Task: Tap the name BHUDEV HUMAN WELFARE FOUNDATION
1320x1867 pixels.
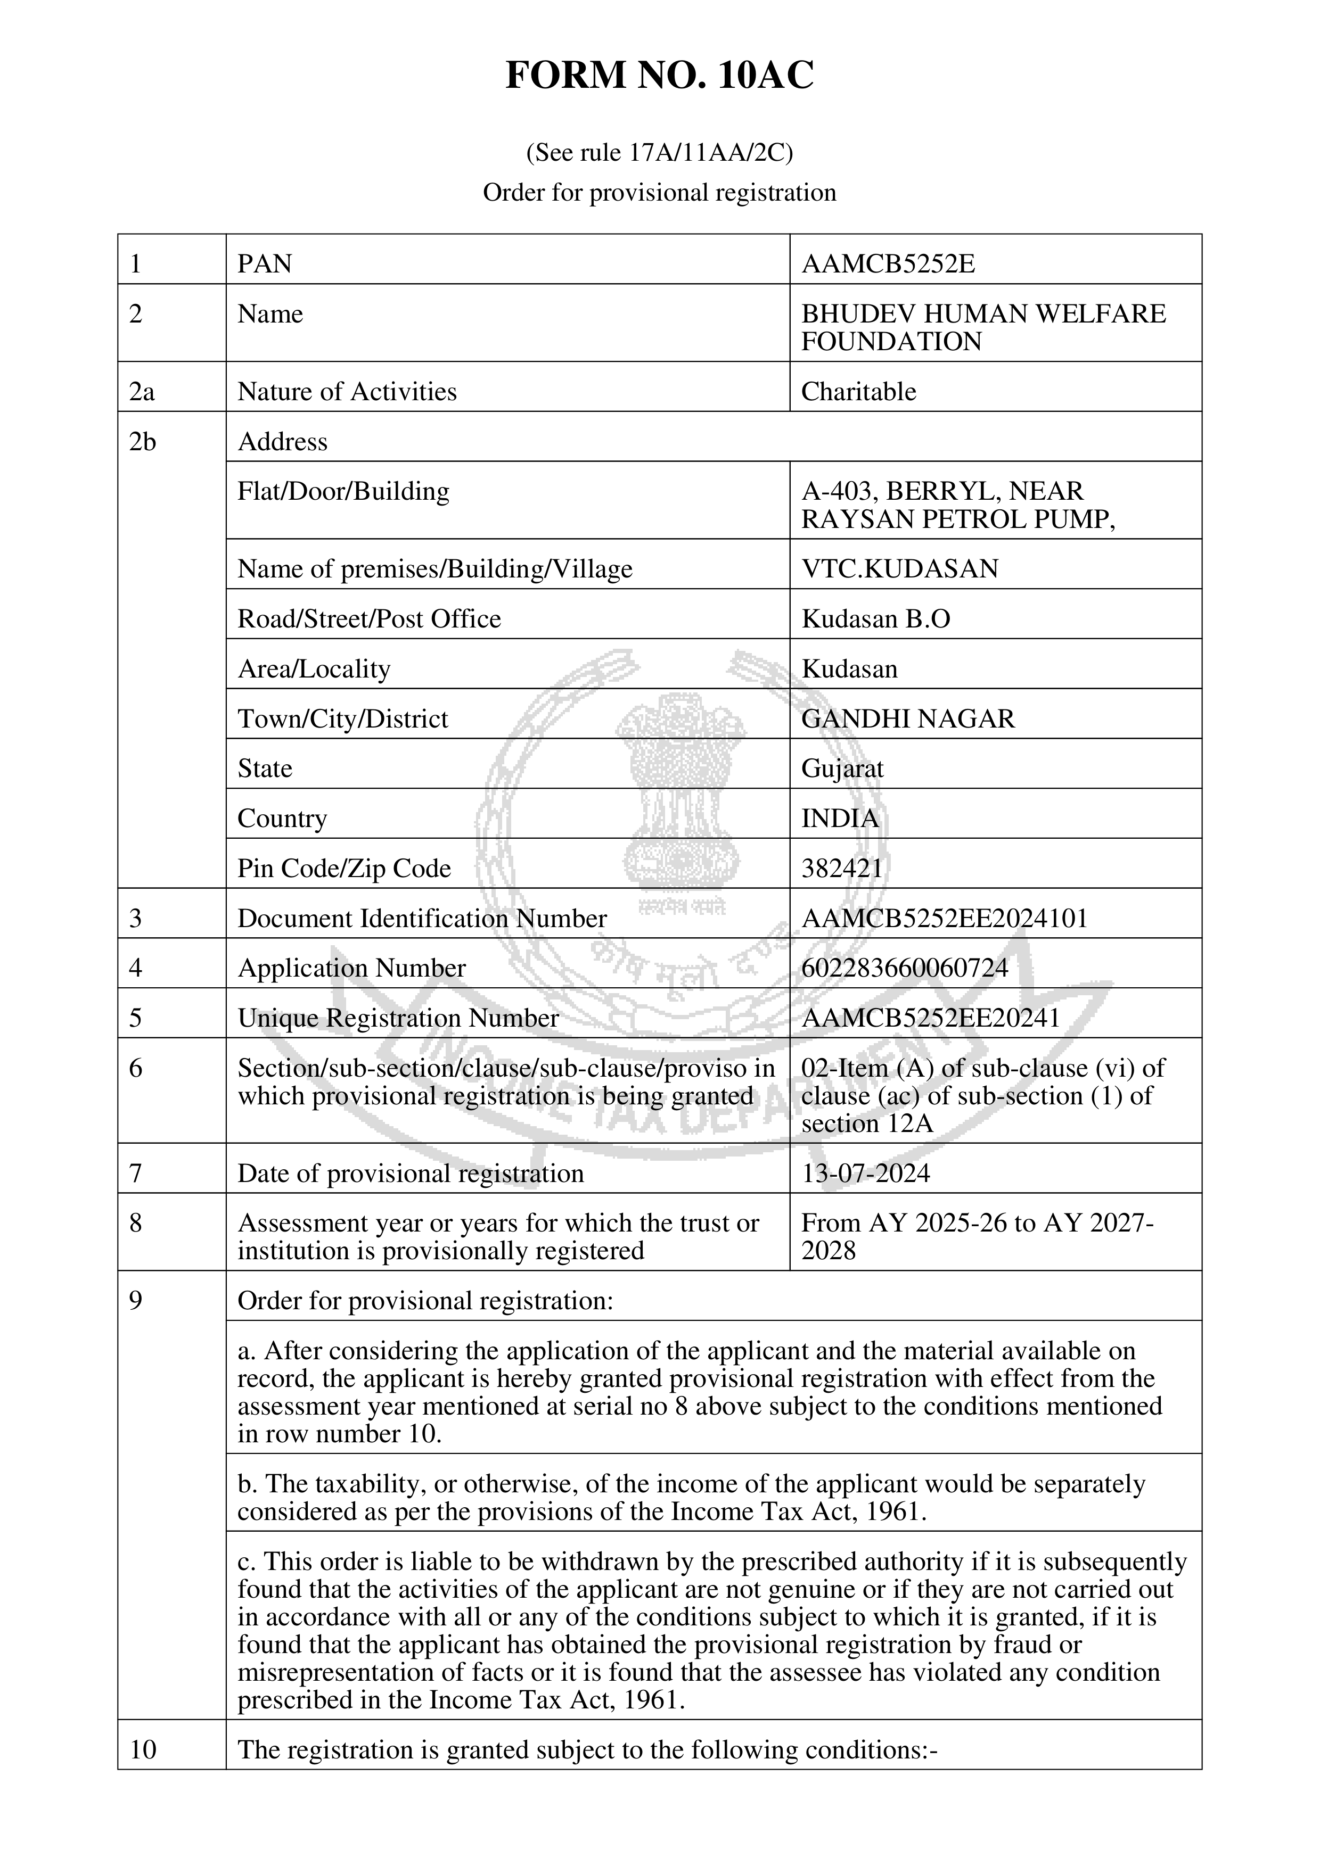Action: (x=982, y=327)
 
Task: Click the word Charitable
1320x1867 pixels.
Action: (x=858, y=391)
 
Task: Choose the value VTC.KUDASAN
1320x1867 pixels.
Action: (x=899, y=568)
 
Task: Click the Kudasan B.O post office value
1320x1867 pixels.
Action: (x=875, y=619)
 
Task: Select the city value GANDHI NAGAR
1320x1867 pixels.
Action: (x=908, y=719)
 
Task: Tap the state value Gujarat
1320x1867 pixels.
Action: (x=842, y=769)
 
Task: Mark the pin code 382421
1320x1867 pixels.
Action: (x=842, y=869)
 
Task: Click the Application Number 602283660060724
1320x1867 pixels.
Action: (x=904, y=968)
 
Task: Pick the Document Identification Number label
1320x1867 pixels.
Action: (x=421, y=918)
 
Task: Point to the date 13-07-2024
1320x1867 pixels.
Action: (x=865, y=1174)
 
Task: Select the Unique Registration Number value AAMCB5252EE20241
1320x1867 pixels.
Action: (x=930, y=1018)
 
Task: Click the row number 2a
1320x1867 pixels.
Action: (x=142, y=391)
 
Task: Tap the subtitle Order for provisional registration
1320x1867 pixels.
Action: (x=660, y=193)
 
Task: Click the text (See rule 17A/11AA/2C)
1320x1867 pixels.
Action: (x=660, y=153)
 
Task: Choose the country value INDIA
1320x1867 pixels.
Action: (x=839, y=818)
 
